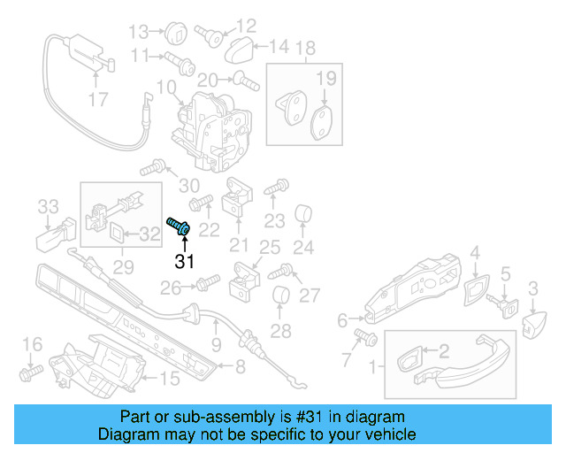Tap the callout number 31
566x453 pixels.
[184, 261]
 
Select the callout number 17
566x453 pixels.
[98, 99]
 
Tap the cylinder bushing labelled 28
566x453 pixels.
[280, 298]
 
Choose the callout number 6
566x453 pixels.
[342, 319]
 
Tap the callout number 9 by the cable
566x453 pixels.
[216, 344]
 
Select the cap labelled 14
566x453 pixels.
[238, 46]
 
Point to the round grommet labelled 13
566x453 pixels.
[173, 34]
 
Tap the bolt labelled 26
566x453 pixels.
[206, 285]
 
